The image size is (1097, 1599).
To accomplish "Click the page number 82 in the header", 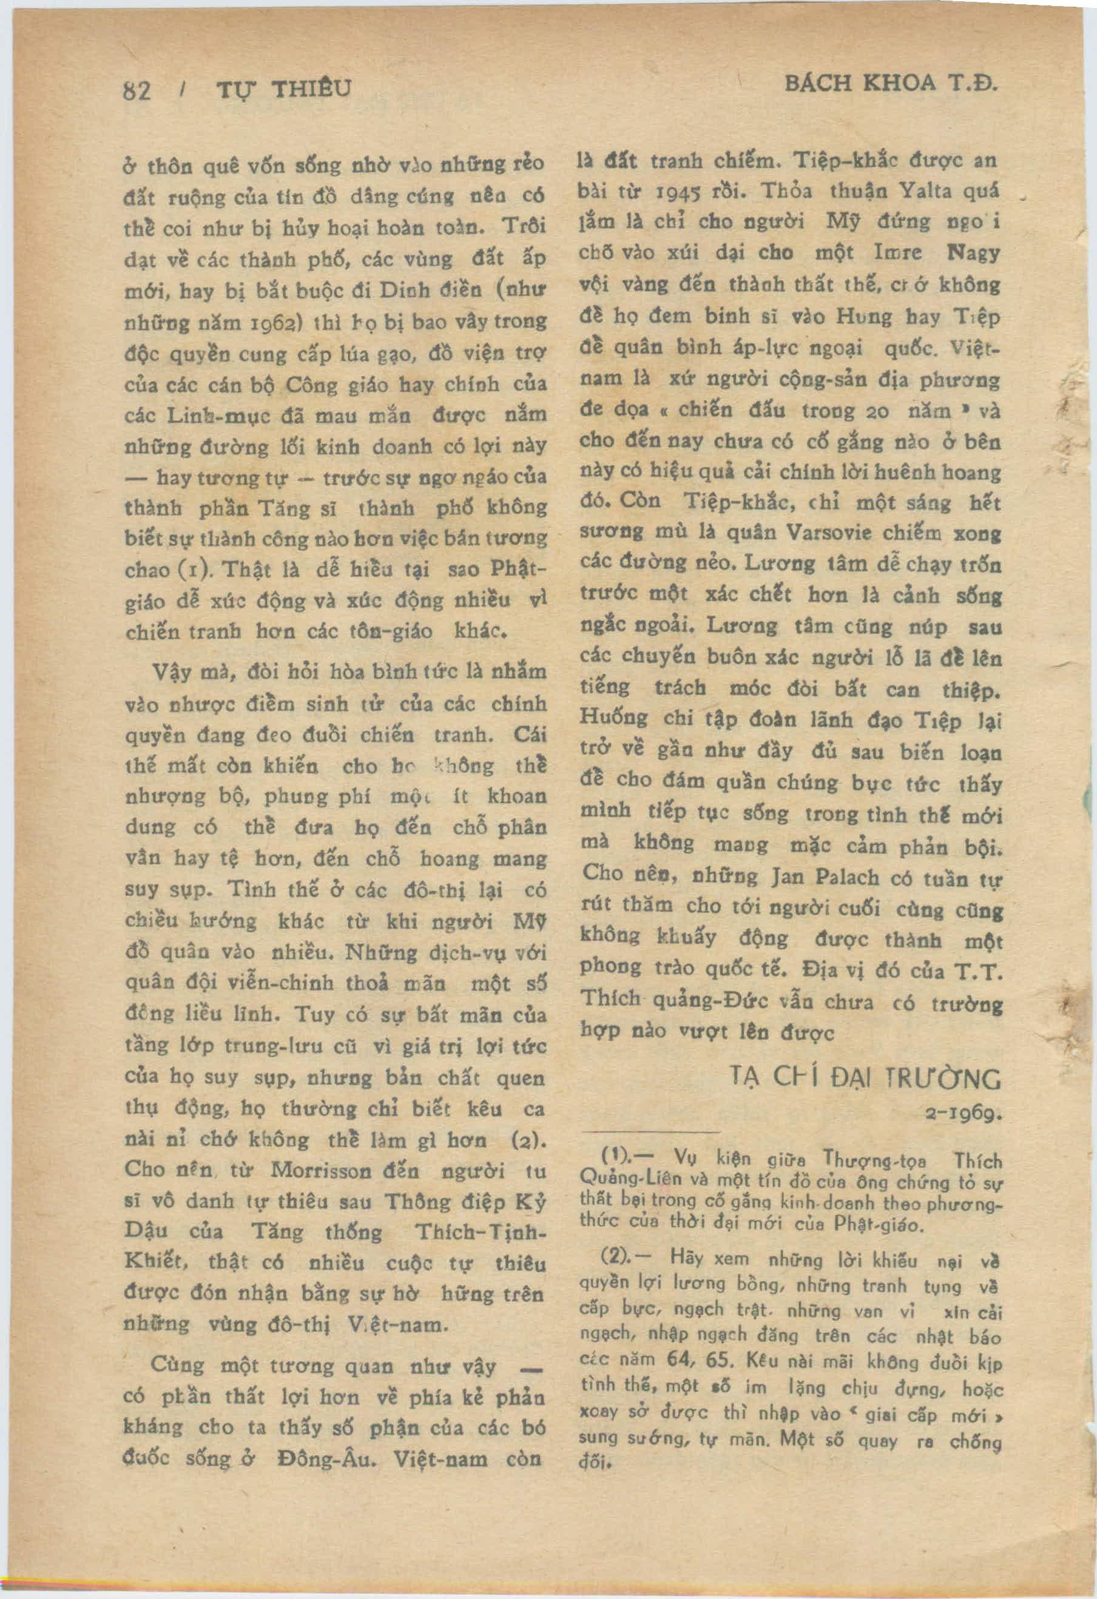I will [137, 91].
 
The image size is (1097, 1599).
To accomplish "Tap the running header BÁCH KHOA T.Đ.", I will [891, 85].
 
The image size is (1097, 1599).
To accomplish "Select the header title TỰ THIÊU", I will [284, 89].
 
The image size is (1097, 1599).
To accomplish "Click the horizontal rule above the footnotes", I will [650, 1132].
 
